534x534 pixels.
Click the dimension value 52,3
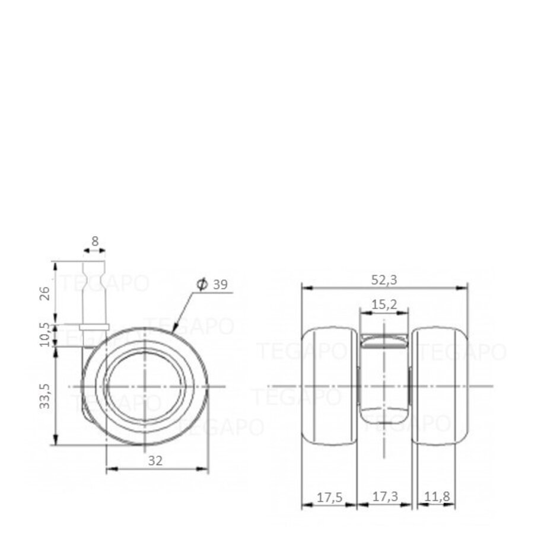pyautogui.click(x=385, y=278)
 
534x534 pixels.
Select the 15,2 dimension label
pyautogui.click(x=384, y=306)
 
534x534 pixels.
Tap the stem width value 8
pyautogui.click(x=96, y=241)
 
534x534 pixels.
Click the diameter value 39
pyautogui.click(x=220, y=285)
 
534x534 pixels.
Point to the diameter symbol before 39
pyautogui.click(x=201, y=285)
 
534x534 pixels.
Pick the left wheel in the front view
pyautogui.click(x=330, y=387)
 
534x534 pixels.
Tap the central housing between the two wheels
pyautogui.click(x=384, y=380)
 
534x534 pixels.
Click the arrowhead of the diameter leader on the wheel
pyautogui.click(x=174, y=328)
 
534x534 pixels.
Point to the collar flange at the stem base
pyautogui.click(x=94, y=326)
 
